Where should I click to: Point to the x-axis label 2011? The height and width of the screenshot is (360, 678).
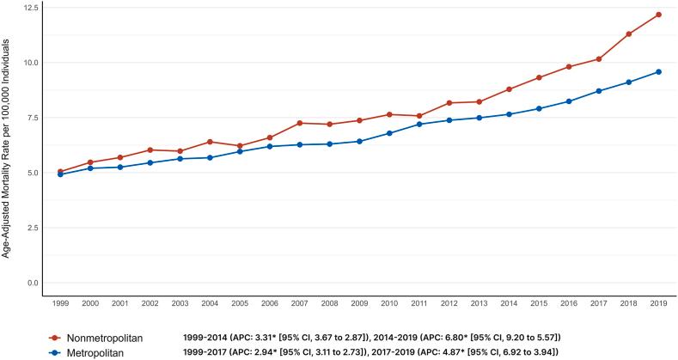point(418,304)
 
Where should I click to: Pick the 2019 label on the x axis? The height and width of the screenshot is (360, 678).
point(658,304)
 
